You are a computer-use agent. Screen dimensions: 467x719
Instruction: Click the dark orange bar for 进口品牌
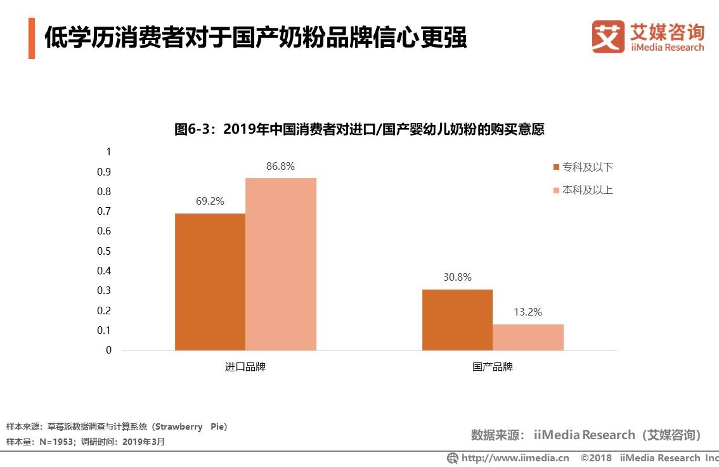(x=210, y=282)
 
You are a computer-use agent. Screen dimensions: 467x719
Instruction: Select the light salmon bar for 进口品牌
(x=281, y=264)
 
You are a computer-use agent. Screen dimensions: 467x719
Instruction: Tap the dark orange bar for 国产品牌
(x=457, y=320)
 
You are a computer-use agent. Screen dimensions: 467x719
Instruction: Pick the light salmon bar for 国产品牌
(x=528, y=337)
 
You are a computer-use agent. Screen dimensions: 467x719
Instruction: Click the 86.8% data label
(x=280, y=167)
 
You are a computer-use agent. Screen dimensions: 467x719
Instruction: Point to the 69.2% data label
(x=210, y=202)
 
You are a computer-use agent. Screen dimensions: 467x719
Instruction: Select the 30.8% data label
(x=457, y=278)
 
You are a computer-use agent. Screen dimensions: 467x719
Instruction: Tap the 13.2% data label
(x=528, y=312)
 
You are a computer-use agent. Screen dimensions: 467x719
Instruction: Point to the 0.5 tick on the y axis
(x=105, y=251)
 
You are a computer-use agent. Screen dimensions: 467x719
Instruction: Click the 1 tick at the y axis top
(x=108, y=152)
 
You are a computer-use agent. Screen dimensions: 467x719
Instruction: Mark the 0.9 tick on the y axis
(x=105, y=172)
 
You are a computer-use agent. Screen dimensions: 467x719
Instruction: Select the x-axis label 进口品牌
(x=245, y=367)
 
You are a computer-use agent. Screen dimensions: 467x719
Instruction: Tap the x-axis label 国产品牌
(x=493, y=367)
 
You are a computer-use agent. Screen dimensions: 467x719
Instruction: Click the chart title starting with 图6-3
(x=359, y=130)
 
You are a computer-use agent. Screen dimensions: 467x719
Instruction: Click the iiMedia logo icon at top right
(x=608, y=37)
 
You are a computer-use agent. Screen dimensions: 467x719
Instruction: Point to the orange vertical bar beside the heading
(x=32, y=39)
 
